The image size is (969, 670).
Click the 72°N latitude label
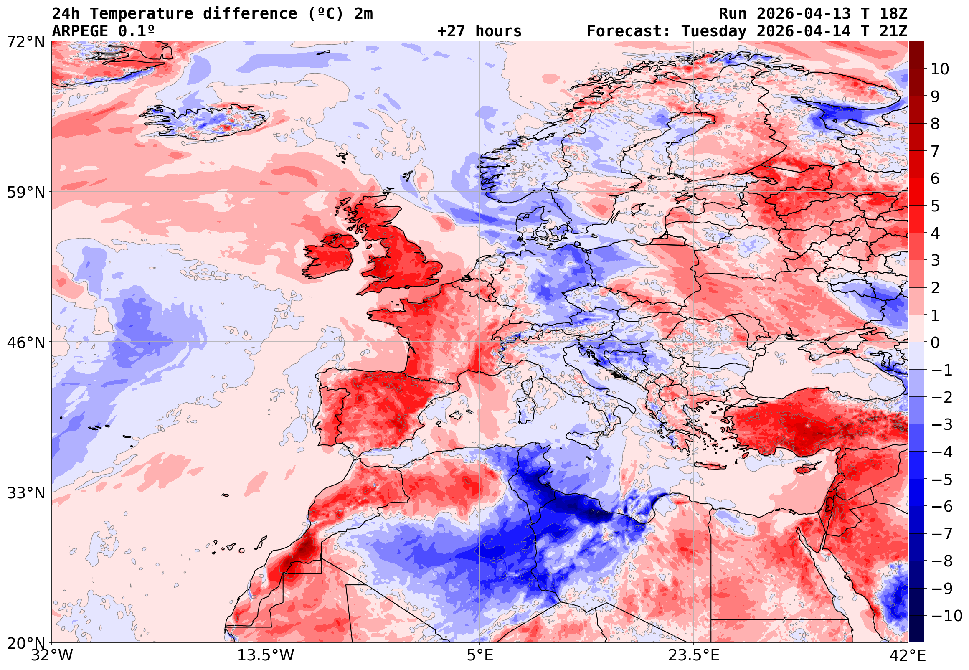coord(25,42)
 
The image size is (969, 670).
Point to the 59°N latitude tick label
coord(25,192)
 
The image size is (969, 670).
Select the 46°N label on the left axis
coord(25,343)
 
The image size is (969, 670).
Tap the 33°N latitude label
coord(25,493)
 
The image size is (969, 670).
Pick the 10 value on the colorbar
coord(940,69)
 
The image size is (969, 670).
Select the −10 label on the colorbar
coord(946,616)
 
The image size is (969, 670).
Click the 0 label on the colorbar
coord(935,343)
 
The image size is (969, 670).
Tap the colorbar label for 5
coord(935,206)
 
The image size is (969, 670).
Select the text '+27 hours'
coord(479,31)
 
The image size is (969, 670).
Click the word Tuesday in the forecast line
coord(713,31)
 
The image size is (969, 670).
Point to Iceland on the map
coord(205,121)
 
